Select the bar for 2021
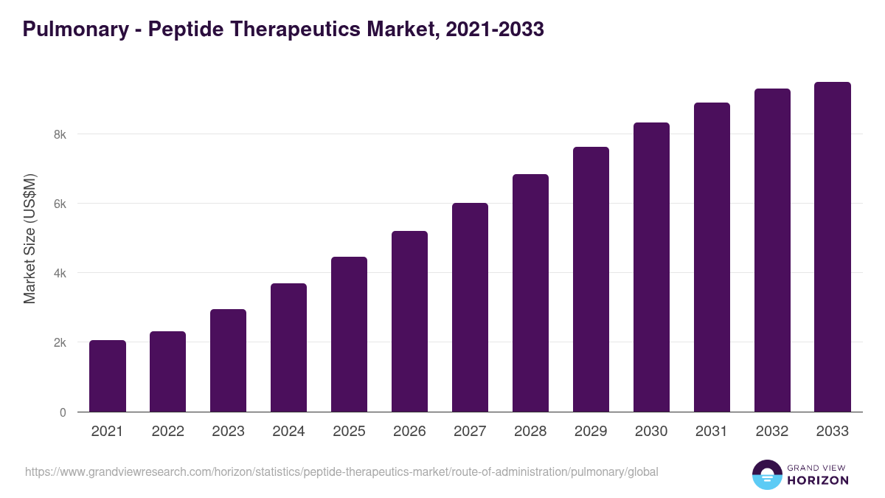108,376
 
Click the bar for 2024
288,347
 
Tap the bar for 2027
470,308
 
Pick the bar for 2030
651,267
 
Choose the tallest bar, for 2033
833,247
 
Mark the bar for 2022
168,372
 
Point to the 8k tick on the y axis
59,134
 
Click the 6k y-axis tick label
59,204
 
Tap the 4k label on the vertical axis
59,273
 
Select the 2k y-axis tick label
59,342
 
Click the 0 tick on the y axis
63,412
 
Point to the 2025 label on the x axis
349,432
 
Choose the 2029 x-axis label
591,432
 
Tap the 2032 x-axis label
772,432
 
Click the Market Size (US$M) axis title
29,238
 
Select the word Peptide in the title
184,30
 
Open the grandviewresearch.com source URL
341,471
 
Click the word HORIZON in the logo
818,480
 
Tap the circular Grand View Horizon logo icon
766,474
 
